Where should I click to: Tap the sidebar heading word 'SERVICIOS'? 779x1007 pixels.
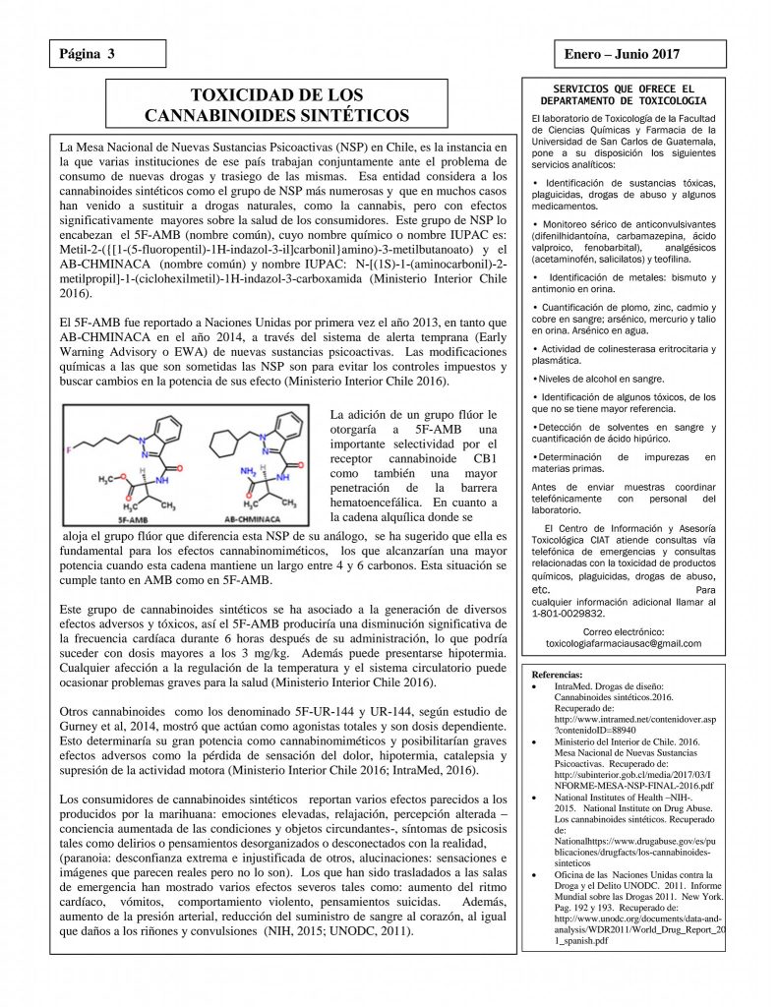(x=569, y=89)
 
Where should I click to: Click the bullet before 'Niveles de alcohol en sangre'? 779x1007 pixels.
(x=532, y=378)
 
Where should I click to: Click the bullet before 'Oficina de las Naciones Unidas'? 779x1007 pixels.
(x=532, y=874)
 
